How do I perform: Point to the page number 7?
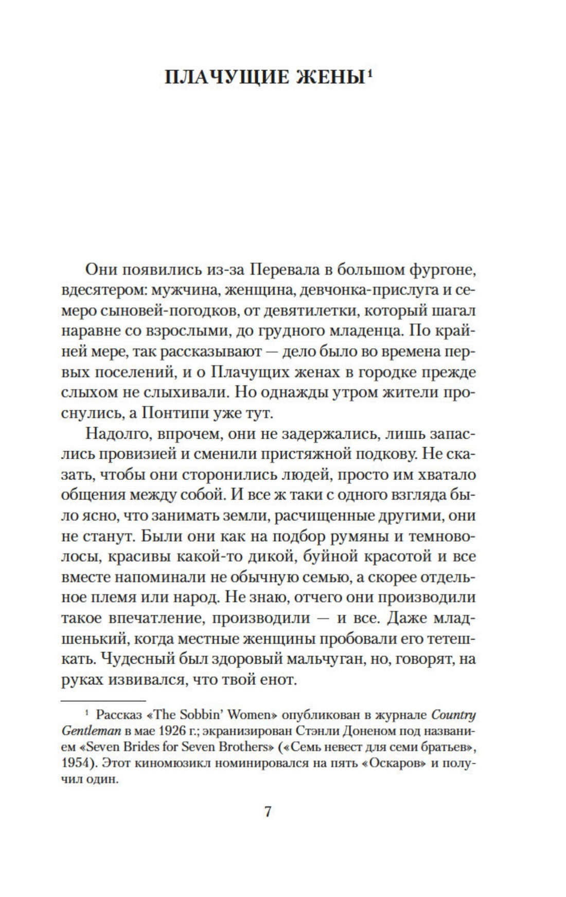[268, 812]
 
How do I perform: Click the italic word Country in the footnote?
[453, 715]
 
